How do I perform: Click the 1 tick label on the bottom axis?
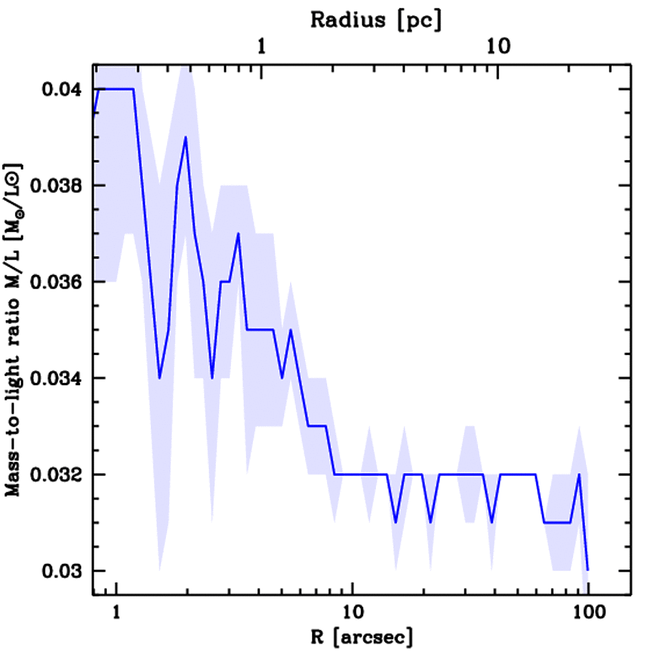(116, 613)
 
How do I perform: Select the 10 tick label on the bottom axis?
(352, 613)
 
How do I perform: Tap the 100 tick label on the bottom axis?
(587, 613)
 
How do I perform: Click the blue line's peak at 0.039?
(185, 137)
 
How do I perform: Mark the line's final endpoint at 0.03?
(587, 570)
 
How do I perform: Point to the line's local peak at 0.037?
(239, 233)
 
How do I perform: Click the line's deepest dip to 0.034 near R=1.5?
(159, 378)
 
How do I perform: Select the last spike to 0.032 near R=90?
(579, 474)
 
